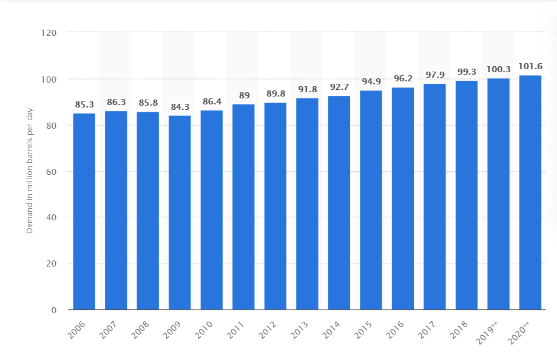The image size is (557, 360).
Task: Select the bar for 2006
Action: [84, 211]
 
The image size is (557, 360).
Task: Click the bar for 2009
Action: [180, 212]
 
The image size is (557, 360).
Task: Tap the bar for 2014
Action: [339, 203]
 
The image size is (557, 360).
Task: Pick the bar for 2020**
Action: [530, 192]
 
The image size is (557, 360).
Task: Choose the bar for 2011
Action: [243, 207]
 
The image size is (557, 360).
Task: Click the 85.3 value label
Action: [84, 104]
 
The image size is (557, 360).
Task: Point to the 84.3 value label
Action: [180, 107]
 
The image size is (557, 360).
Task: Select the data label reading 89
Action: [243, 95]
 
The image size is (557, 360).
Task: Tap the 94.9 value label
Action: [371, 82]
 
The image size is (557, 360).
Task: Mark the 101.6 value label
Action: [530, 66]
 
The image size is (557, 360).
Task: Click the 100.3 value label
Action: [498, 69]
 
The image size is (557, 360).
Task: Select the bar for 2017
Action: [434, 197]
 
